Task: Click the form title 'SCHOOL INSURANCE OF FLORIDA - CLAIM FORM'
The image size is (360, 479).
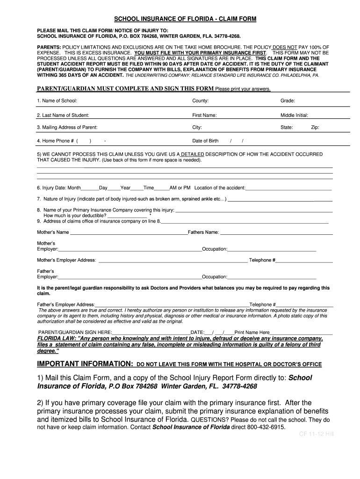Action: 185,19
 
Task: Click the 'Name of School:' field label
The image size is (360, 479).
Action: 57,101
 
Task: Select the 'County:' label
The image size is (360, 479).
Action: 201,101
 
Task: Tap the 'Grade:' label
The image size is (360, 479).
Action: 288,101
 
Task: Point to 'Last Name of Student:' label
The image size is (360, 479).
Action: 63,115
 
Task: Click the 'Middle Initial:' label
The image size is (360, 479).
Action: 294,115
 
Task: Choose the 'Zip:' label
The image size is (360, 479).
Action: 315,127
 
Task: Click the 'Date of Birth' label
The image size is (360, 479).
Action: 205,141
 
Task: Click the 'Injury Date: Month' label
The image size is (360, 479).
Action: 59,188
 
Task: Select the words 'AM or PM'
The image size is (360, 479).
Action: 180,188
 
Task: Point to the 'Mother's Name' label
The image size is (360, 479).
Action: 53,232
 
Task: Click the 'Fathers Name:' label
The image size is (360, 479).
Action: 203,232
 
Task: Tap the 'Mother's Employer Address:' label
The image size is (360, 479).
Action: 66,260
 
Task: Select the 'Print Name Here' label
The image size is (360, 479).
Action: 252,332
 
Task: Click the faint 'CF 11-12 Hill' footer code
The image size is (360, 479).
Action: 317,434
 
